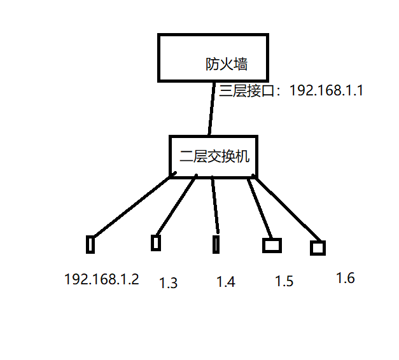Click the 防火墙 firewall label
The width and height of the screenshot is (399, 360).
(x=226, y=64)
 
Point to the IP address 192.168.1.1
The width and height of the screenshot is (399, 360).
(x=326, y=90)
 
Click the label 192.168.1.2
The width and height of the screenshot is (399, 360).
(x=101, y=279)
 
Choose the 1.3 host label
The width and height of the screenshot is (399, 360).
(x=168, y=283)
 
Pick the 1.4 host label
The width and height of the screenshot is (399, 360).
(x=226, y=282)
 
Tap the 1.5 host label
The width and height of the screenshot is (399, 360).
(x=284, y=281)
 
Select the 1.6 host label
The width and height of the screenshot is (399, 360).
(x=345, y=278)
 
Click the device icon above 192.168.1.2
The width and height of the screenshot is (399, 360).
(x=90, y=244)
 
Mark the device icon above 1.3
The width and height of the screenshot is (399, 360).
(x=155, y=242)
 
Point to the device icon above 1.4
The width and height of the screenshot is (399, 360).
(x=217, y=244)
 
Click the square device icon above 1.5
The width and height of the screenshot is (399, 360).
(x=272, y=245)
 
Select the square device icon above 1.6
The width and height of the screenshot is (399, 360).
(x=318, y=248)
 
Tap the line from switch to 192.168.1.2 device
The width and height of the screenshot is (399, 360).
(x=130, y=205)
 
